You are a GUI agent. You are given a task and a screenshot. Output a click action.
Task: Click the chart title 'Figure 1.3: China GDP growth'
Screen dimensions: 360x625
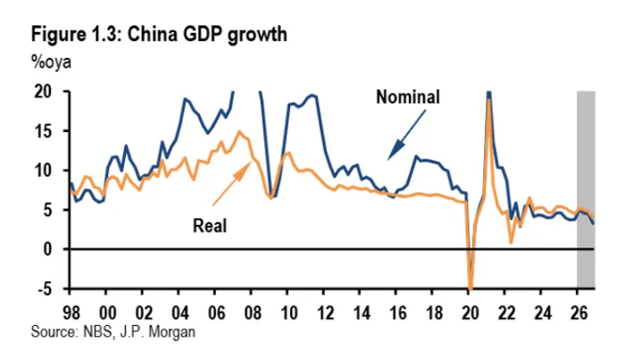click(158, 35)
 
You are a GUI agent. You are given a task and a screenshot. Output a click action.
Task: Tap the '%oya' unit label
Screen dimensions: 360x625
click(50, 63)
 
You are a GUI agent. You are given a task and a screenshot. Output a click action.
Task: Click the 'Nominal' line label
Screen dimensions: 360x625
click(409, 96)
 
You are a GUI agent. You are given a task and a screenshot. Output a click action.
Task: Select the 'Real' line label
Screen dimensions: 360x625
click(211, 225)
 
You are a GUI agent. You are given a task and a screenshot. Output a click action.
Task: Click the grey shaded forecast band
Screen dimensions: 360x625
click(586, 188)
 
